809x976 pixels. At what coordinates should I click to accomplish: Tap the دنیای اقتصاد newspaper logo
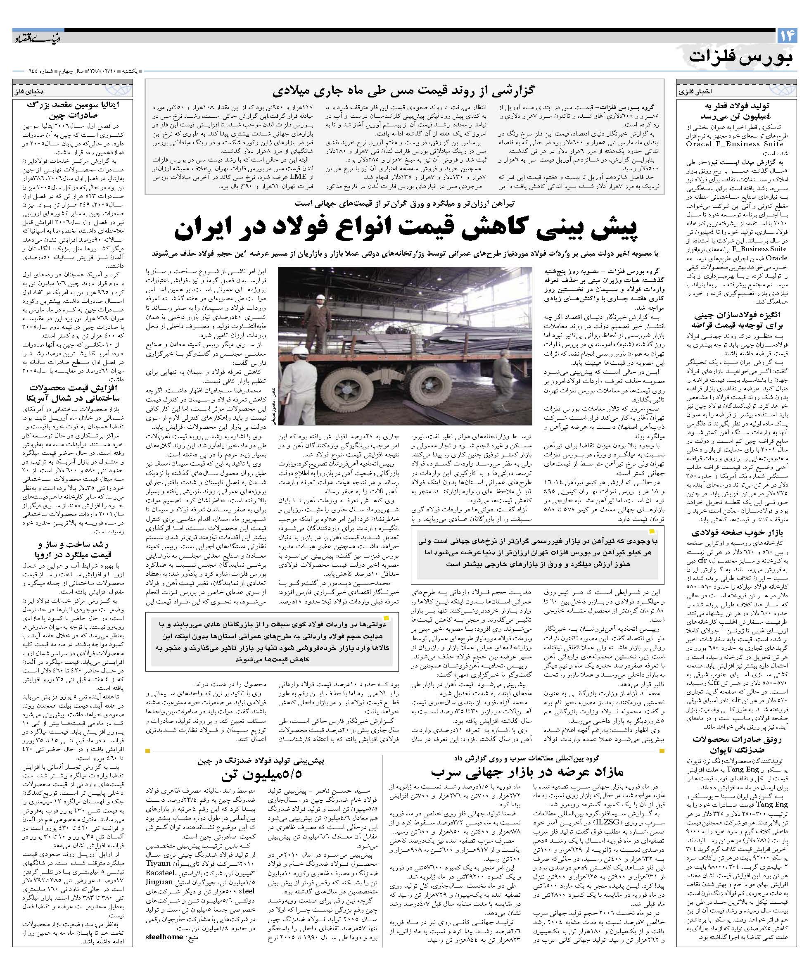point(37,37)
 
